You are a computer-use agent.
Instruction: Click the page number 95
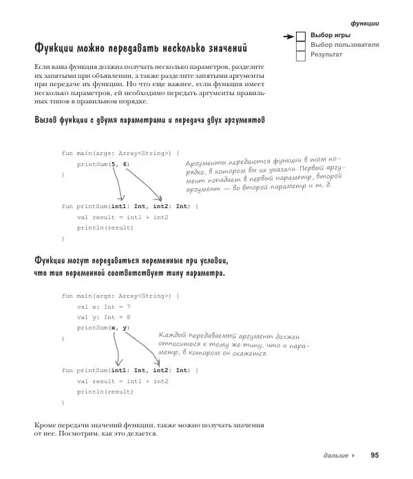pos(374,456)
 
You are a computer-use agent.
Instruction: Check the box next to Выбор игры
pos(301,35)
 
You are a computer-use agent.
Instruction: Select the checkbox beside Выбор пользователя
pos(301,45)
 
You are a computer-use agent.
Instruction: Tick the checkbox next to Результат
pos(301,54)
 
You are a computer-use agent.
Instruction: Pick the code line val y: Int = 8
pos(103,317)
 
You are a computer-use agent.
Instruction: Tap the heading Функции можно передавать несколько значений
pos(140,49)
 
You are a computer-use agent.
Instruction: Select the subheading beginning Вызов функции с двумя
pos(149,121)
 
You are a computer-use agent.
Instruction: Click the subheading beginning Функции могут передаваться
pos(130,267)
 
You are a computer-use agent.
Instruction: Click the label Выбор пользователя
pos(344,45)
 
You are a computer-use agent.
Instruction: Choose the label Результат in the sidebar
pos(327,54)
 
